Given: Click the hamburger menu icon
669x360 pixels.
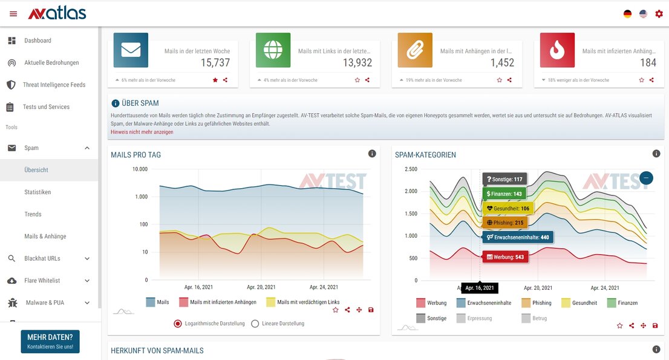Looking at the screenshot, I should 13,14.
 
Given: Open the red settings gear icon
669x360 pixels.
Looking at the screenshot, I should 659,14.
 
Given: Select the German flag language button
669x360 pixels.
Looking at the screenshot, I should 627,14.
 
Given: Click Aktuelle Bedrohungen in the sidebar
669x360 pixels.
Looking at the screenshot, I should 51,63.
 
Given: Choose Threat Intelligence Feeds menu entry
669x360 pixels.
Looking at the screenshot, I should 54,85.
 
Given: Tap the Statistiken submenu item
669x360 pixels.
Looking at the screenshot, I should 38,192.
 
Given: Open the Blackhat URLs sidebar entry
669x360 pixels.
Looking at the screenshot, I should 42,258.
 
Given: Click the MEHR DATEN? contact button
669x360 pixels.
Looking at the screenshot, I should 50,341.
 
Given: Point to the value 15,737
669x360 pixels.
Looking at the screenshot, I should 215,62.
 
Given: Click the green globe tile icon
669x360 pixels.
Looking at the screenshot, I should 273,50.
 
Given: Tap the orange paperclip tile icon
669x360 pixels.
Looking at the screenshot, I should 415,50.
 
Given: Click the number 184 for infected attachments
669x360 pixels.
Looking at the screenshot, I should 648,62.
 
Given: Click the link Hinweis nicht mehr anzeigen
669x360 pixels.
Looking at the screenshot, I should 142,132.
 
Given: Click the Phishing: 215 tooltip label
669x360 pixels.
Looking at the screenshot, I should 505,223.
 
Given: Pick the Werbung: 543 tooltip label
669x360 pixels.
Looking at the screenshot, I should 505,257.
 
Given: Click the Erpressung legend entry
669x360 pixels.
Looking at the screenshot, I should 478,318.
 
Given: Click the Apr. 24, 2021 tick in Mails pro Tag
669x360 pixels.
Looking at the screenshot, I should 324,287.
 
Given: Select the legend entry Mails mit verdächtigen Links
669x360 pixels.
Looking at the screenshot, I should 308,302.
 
